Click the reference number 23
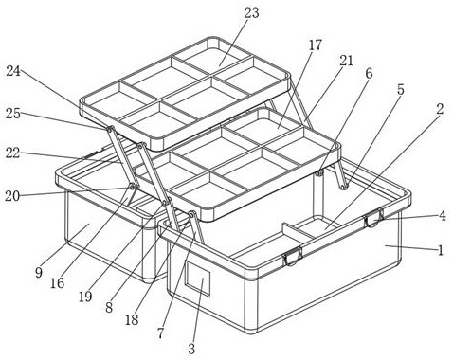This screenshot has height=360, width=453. (251, 13)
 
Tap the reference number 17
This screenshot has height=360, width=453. (316, 45)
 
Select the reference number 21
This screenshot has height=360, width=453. (346, 61)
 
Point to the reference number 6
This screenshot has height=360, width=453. (369, 73)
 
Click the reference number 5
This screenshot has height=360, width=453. (401, 90)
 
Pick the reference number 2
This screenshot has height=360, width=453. (440, 109)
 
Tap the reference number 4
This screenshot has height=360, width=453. (443, 216)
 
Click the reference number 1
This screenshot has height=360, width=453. (441, 251)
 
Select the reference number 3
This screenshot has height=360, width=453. (191, 349)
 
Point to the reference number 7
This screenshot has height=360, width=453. (161, 333)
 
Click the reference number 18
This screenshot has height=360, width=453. (132, 320)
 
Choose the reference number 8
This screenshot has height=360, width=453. (109, 307)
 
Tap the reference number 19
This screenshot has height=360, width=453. (85, 297)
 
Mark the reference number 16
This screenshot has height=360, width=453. (57, 283)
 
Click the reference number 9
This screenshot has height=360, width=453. (39, 272)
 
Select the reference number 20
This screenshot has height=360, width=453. (12, 196)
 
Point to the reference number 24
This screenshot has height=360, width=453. (13, 71)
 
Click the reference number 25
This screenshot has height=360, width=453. (13, 114)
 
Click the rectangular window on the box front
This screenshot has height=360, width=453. (197, 279)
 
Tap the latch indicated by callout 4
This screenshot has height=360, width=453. (373, 218)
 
